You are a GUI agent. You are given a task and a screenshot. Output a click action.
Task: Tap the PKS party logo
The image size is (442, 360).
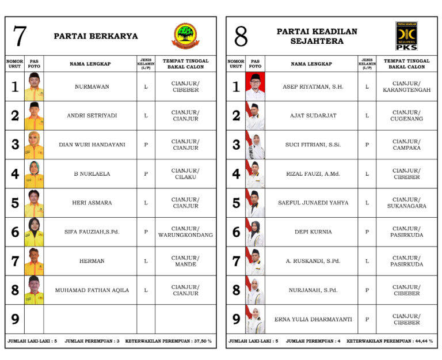click(406, 36)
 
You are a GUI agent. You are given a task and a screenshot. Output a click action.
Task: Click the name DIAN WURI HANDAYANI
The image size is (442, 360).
click(92, 145)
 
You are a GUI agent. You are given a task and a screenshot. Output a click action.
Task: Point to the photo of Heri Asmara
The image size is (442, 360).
click(34, 203)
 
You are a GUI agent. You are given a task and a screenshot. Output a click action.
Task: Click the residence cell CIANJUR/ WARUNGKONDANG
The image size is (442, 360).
click(185, 232)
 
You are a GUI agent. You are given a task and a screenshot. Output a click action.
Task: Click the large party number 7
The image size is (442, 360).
click(20, 36)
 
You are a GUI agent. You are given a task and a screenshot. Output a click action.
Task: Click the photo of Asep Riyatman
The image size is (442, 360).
click(255, 87)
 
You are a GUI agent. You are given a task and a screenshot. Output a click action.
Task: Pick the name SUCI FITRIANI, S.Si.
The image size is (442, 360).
click(313, 145)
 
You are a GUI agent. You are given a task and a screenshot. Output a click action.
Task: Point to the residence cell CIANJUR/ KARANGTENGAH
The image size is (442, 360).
click(406, 87)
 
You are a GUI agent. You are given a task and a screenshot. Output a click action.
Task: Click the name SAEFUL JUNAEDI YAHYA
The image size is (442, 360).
click(313, 203)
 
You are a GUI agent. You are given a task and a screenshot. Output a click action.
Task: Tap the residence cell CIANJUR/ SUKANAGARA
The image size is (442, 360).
click(406, 203)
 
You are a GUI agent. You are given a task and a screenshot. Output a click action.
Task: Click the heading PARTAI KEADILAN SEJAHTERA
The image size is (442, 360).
click(317, 36)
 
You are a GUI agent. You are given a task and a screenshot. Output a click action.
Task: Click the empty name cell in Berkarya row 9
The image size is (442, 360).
click(90, 319)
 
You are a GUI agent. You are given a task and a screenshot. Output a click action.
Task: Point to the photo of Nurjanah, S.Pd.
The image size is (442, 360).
click(255, 290)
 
